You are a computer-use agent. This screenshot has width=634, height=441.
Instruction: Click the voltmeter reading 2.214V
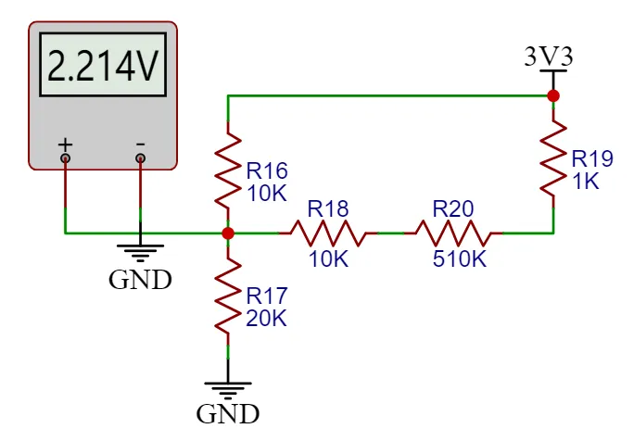(101, 67)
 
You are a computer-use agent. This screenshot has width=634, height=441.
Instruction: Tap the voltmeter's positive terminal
(65, 158)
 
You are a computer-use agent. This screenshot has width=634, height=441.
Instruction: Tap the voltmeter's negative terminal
(140, 158)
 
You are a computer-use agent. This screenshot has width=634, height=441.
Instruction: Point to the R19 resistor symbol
(553, 156)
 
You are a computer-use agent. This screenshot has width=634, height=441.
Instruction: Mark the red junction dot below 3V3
(553, 95)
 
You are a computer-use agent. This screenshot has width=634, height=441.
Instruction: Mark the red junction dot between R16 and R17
(228, 233)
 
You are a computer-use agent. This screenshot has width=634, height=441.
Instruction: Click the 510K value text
(459, 258)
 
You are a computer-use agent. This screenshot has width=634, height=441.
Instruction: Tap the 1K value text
(586, 182)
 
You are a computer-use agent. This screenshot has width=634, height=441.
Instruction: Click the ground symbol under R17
(228, 389)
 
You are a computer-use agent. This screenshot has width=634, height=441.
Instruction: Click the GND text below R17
(228, 413)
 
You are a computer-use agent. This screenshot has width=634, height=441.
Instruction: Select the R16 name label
(267, 170)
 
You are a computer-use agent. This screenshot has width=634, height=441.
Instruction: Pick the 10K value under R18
(328, 258)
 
